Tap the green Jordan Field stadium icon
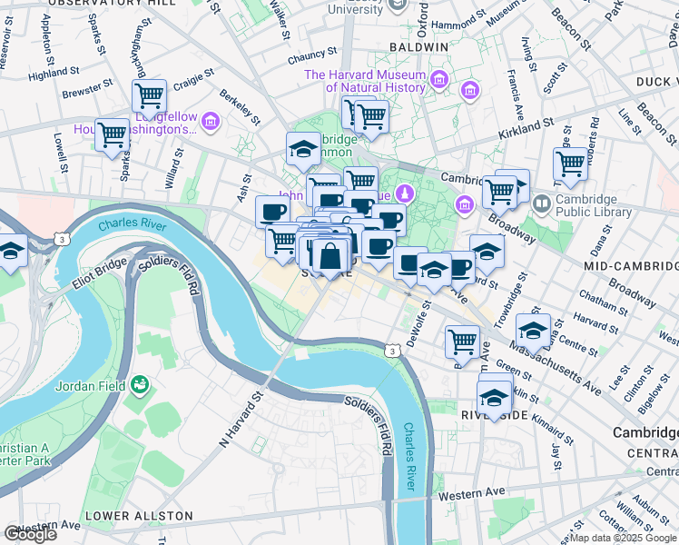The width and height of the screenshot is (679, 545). tap(139, 385)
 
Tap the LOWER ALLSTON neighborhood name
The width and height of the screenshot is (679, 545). tap(139, 516)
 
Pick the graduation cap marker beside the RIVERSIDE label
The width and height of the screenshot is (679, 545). tap(494, 398)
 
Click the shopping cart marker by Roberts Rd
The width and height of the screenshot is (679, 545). tap(570, 164)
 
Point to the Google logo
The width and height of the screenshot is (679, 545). tap(30, 534)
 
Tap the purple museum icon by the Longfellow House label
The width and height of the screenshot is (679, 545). tap(211, 121)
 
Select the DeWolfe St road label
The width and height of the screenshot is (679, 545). tap(418, 323)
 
